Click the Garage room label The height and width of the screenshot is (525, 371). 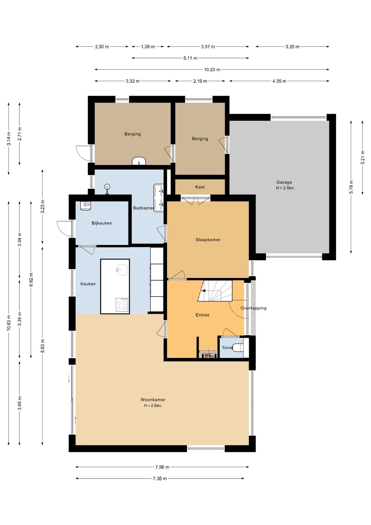[284, 182]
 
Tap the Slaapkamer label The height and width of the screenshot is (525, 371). [208, 240]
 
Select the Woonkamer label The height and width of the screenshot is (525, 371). [153, 400]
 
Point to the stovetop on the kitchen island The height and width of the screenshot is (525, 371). [122, 305]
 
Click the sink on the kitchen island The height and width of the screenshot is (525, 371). [122, 270]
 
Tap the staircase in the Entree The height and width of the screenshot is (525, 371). [215, 291]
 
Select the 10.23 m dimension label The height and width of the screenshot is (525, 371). [212, 70]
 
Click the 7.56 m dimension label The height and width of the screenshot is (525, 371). [162, 467]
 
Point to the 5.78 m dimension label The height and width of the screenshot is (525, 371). [351, 187]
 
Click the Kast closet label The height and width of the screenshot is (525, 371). [200, 187]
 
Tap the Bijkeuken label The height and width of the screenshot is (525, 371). [102, 223]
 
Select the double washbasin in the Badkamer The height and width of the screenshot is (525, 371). [158, 198]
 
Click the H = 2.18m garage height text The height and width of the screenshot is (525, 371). [285, 188]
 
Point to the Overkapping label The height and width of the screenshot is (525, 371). [254, 308]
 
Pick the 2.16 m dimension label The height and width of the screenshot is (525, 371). [200, 81]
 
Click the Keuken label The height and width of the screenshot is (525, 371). [88, 284]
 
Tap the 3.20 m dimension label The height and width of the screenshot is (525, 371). [293, 47]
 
